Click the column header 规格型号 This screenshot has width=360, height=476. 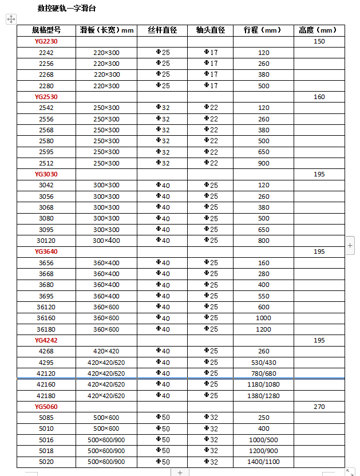pyautogui.click(x=46, y=30)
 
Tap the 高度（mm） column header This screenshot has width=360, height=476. pyautogui.click(x=319, y=30)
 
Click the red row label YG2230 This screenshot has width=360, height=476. pyautogui.click(x=46, y=41)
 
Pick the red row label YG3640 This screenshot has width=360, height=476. pyautogui.click(x=46, y=251)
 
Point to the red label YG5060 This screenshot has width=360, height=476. pyautogui.click(x=46, y=407)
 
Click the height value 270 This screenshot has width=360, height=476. pyautogui.click(x=319, y=407)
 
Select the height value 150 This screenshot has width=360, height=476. pyautogui.click(x=319, y=41)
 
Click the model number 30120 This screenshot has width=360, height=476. pyautogui.click(x=46, y=241)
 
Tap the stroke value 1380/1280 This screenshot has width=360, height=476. pyautogui.click(x=263, y=396)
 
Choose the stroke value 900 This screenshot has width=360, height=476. pyautogui.click(x=263, y=163)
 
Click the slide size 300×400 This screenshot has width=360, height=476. pyautogui.click(x=106, y=241)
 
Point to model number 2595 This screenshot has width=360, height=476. pyautogui.click(x=46, y=152)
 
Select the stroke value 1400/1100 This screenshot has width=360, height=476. pyautogui.click(x=263, y=462)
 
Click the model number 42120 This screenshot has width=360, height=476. pyautogui.click(x=46, y=373)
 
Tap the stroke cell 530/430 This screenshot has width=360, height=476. pyautogui.click(x=263, y=363)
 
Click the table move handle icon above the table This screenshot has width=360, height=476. pyautogui.click(x=10, y=19)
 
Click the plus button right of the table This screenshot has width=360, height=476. pyautogui.click(x=350, y=246)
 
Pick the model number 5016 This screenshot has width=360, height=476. pyautogui.click(x=46, y=440)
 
